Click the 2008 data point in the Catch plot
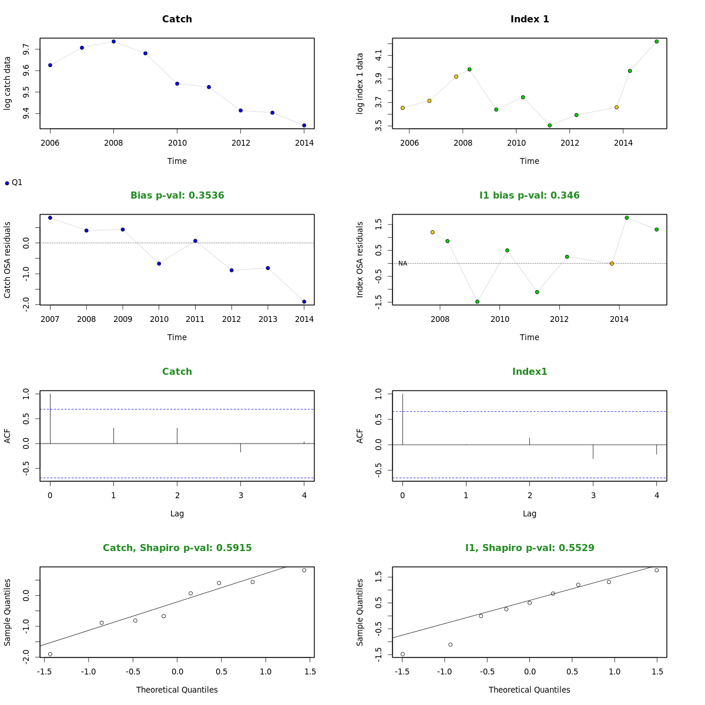[113, 42]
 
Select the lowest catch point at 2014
[304, 125]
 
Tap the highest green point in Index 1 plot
[656, 42]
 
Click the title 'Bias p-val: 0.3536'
[177, 196]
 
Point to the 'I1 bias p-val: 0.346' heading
[529, 196]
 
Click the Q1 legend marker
[7, 183]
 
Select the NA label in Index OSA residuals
[402, 264]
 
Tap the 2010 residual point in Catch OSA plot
[159, 264]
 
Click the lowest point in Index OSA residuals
[477, 301]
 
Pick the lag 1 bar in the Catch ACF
[113, 435]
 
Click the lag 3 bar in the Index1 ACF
[593, 451]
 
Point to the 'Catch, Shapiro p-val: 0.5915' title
[177, 548]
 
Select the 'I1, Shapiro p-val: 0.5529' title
[529, 548]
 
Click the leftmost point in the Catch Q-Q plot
[50, 654]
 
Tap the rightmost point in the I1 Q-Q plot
[656, 570]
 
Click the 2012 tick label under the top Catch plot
[240, 143]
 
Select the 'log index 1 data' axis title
[360, 83]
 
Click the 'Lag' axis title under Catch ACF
[177, 513]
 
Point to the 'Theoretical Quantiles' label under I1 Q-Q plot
[529, 690]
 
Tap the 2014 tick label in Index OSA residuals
[619, 319]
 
